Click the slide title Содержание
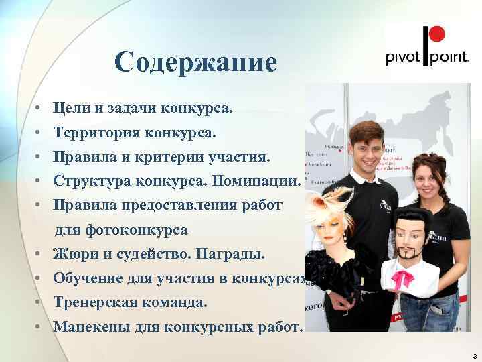[195, 62]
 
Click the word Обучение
[87, 279]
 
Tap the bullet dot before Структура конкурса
[41, 182]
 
